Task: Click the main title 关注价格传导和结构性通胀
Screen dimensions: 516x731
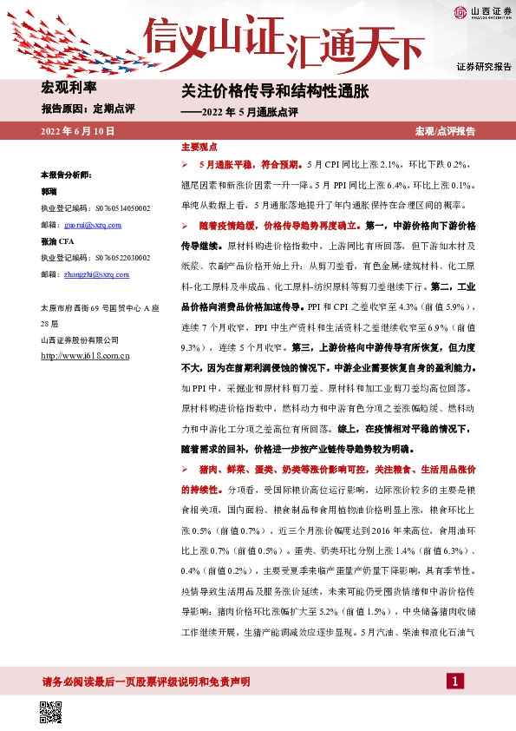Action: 276,91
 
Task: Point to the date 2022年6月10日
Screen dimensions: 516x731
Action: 77,131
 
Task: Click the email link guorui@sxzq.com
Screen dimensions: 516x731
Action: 95,224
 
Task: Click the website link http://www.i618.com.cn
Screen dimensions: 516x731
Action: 85,355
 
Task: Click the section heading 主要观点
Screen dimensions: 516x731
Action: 198,148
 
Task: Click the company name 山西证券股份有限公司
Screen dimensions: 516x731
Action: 79,339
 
